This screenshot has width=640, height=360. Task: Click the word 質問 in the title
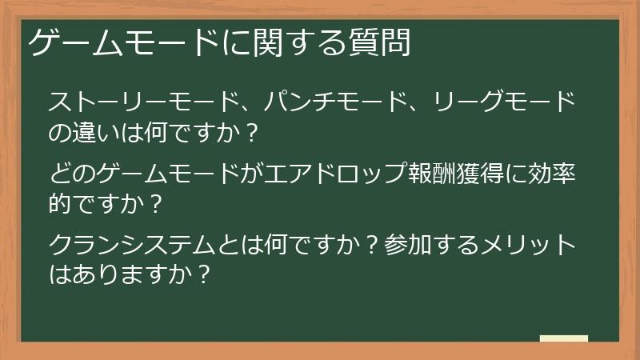pyautogui.click(x=383, y=43)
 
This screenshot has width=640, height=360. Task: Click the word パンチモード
pyautogui.click(x=335, y=102)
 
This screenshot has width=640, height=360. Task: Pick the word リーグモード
pyautogui.click(x=504, y=102)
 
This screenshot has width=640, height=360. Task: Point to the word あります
pyautogui.click(x=115, y=274)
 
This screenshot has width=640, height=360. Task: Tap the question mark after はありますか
pyautogui.click(x=203, y=274)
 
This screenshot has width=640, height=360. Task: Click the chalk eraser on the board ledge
pyautogui.click(x=563, y=338)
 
